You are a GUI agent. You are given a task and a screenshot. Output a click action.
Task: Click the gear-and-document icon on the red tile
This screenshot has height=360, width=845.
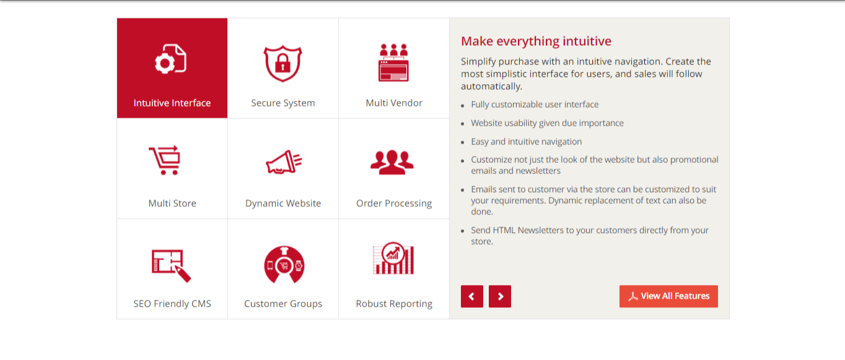coord(170,59)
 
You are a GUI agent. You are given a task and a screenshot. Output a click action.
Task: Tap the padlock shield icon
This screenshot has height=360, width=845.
coord(283,63)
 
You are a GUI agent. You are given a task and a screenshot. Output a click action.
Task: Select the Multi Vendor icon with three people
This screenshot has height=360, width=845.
coord(393,62)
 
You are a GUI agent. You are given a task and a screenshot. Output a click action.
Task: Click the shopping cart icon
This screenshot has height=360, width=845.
coord(165,160)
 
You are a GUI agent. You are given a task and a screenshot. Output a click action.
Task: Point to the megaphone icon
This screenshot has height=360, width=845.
coord(284,162)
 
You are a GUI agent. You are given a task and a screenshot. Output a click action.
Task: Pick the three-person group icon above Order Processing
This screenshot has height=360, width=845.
coord(392,162)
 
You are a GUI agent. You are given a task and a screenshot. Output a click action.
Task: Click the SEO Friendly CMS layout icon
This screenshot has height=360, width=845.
coord(171,265)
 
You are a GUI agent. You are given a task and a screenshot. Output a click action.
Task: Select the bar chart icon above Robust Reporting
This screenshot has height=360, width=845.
coord(393,258)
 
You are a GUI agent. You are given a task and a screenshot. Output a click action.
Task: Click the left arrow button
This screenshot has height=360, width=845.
coord(472,296)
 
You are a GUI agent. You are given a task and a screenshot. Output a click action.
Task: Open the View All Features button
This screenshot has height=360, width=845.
coord(668,296)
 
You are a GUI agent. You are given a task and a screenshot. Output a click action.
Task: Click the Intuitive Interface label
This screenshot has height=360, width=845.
coord(172,103)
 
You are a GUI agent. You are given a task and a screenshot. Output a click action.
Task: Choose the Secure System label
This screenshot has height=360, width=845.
coord(283,103)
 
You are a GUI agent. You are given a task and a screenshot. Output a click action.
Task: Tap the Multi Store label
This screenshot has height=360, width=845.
coord(172,203)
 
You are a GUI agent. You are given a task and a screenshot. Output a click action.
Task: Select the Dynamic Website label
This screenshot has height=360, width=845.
coord(283,203)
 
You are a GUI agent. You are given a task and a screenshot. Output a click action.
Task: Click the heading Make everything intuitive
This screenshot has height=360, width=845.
coord(536,41)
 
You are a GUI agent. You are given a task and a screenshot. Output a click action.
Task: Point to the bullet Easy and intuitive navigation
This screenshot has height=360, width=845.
coord(526,141)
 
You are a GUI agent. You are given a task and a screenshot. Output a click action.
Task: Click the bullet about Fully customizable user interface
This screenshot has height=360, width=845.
coord(535,105)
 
